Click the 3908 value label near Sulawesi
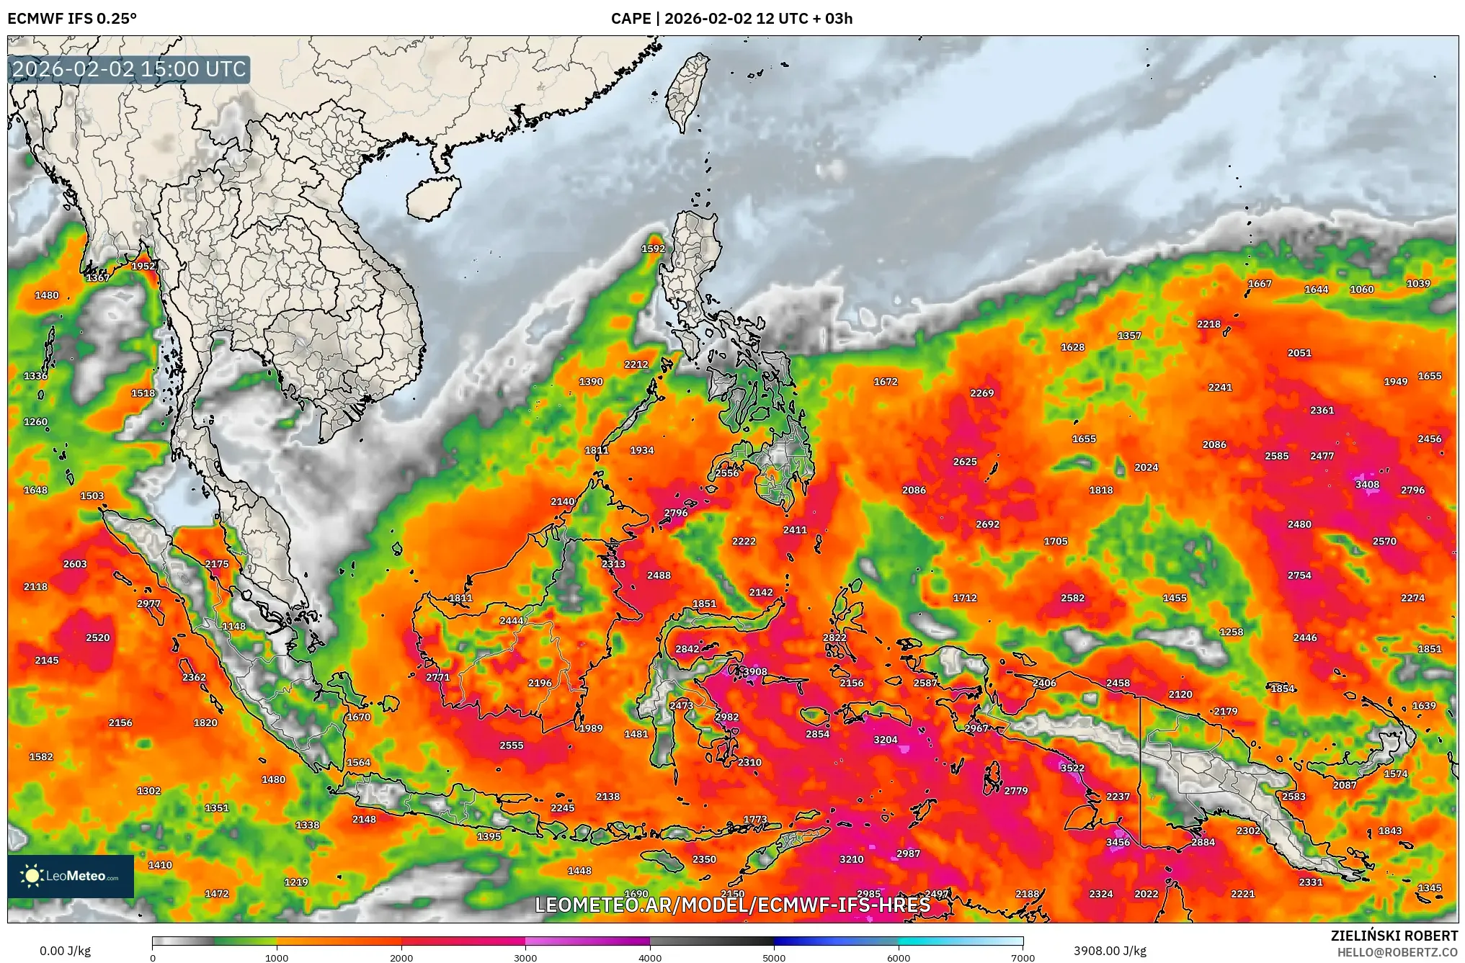[x=754, y=672]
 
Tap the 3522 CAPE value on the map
[x=1072, y=769]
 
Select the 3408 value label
[x=1367, y=485]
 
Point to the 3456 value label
[x=1118, y=843]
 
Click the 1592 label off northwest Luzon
[x=653, y=249]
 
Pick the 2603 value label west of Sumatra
[x=75, y=564]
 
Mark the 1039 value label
[x=1418, y=284]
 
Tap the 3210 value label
[x=851, y=859]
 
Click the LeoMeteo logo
[x=71, y=876]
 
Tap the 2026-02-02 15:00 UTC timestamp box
[x=130, y=69]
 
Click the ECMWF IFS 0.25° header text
[x=72, y=19]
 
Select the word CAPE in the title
[x=631, y=19]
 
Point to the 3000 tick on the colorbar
[x=525, y=957]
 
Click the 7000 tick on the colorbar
[x=1023, y=957]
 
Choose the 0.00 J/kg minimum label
[x=65, y=951]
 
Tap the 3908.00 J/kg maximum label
[x=1110, y=951]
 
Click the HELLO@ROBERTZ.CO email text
[x=1397, y=952]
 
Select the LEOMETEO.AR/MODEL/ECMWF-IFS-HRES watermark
[x=732, y=905]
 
